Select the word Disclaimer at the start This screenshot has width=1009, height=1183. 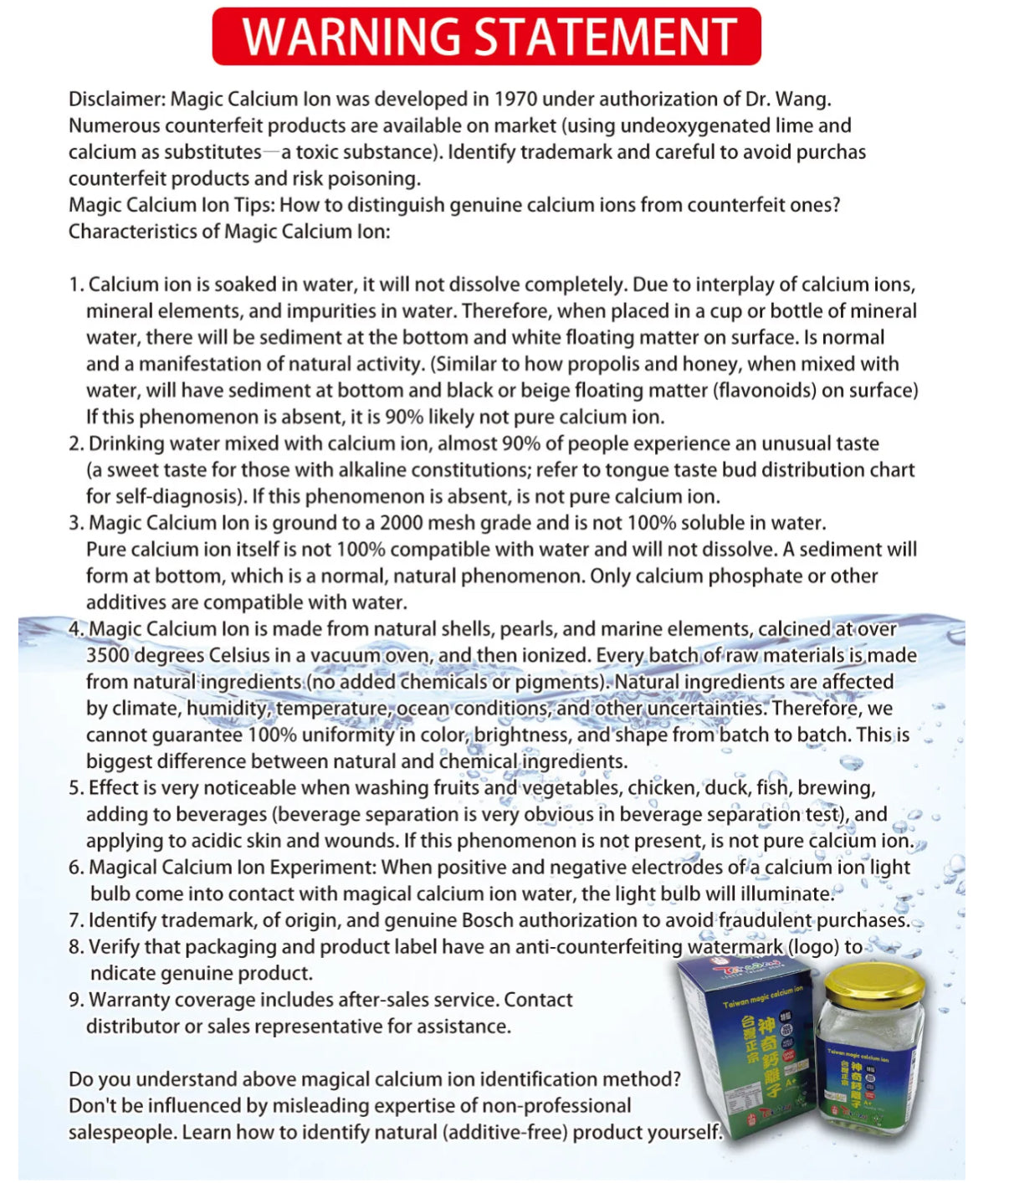point(115,100)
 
